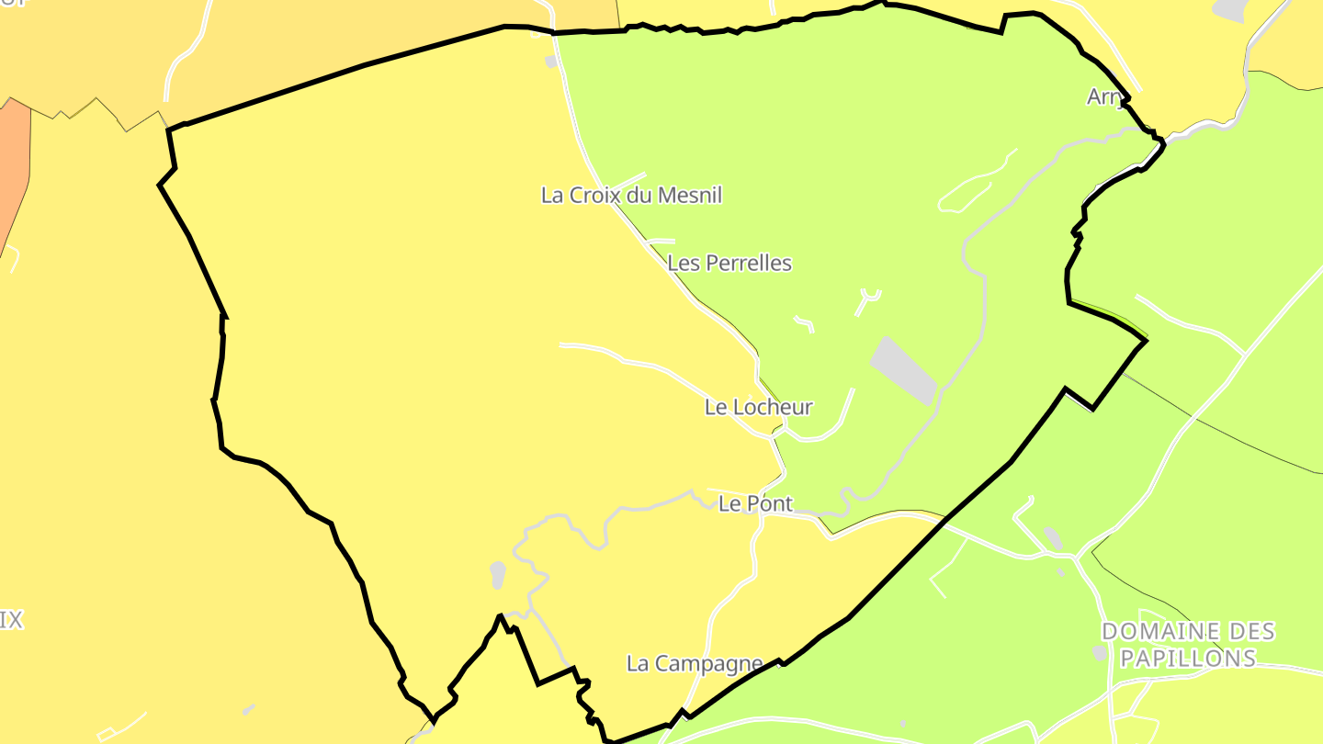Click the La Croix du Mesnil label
point(631,196)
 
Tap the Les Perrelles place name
point(729,264)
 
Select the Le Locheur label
point(759,407)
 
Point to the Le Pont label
point(755,503)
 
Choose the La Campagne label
point(695,663)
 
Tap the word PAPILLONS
point(1188,659)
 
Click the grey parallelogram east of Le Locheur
point(903,369)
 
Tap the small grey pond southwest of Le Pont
point(498,574)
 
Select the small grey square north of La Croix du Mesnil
point(551,62)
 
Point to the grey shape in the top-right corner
point(1229,9)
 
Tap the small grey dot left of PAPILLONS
point(1100,652)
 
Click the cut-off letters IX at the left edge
point(10,620)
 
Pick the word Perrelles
point(747,264)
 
